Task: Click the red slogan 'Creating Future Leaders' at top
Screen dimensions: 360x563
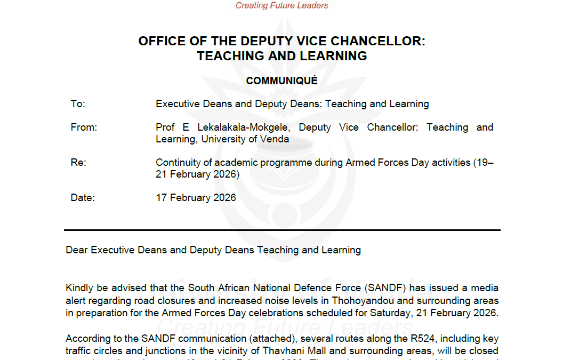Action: click(282, 6)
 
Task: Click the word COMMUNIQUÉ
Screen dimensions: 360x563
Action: click(281, 81)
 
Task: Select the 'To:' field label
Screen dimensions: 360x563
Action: click(78, 104)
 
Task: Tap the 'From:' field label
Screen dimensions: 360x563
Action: click(84, 127)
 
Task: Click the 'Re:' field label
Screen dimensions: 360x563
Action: click(78, 163)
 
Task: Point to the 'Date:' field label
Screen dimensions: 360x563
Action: click(82, 198)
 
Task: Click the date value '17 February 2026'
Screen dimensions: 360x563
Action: click(196, 198)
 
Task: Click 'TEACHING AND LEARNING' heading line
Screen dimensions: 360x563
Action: click(281, 56)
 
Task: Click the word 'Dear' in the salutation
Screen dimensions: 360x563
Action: click(77, 250)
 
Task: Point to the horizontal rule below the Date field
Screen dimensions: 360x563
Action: click(281, 230)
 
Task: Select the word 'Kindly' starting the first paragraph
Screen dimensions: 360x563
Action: click(79, 289)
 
